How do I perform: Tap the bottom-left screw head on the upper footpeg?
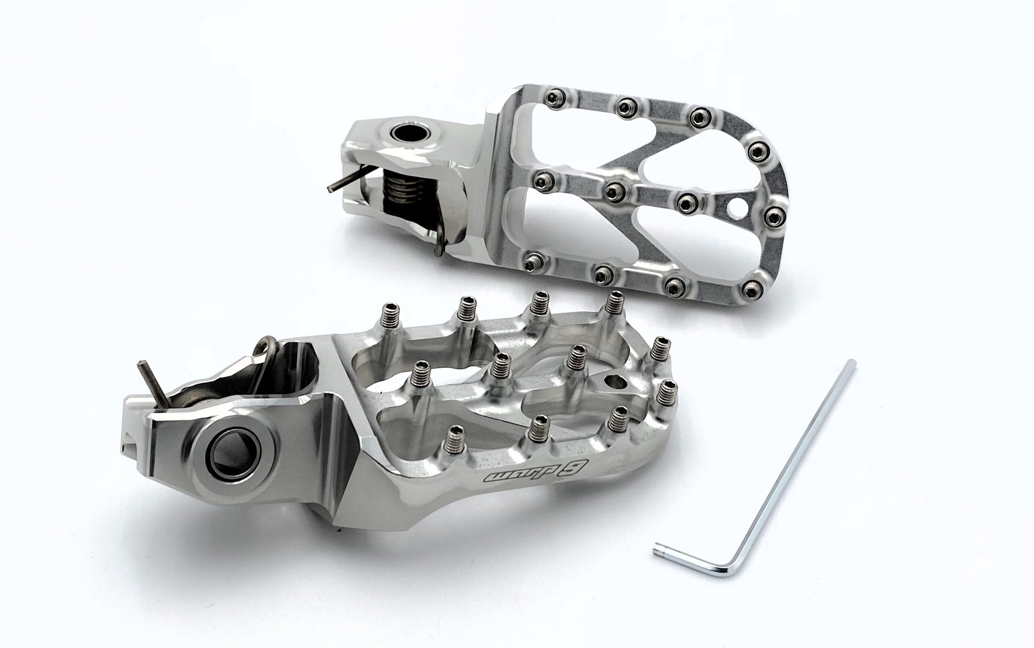tap(533, 261)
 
